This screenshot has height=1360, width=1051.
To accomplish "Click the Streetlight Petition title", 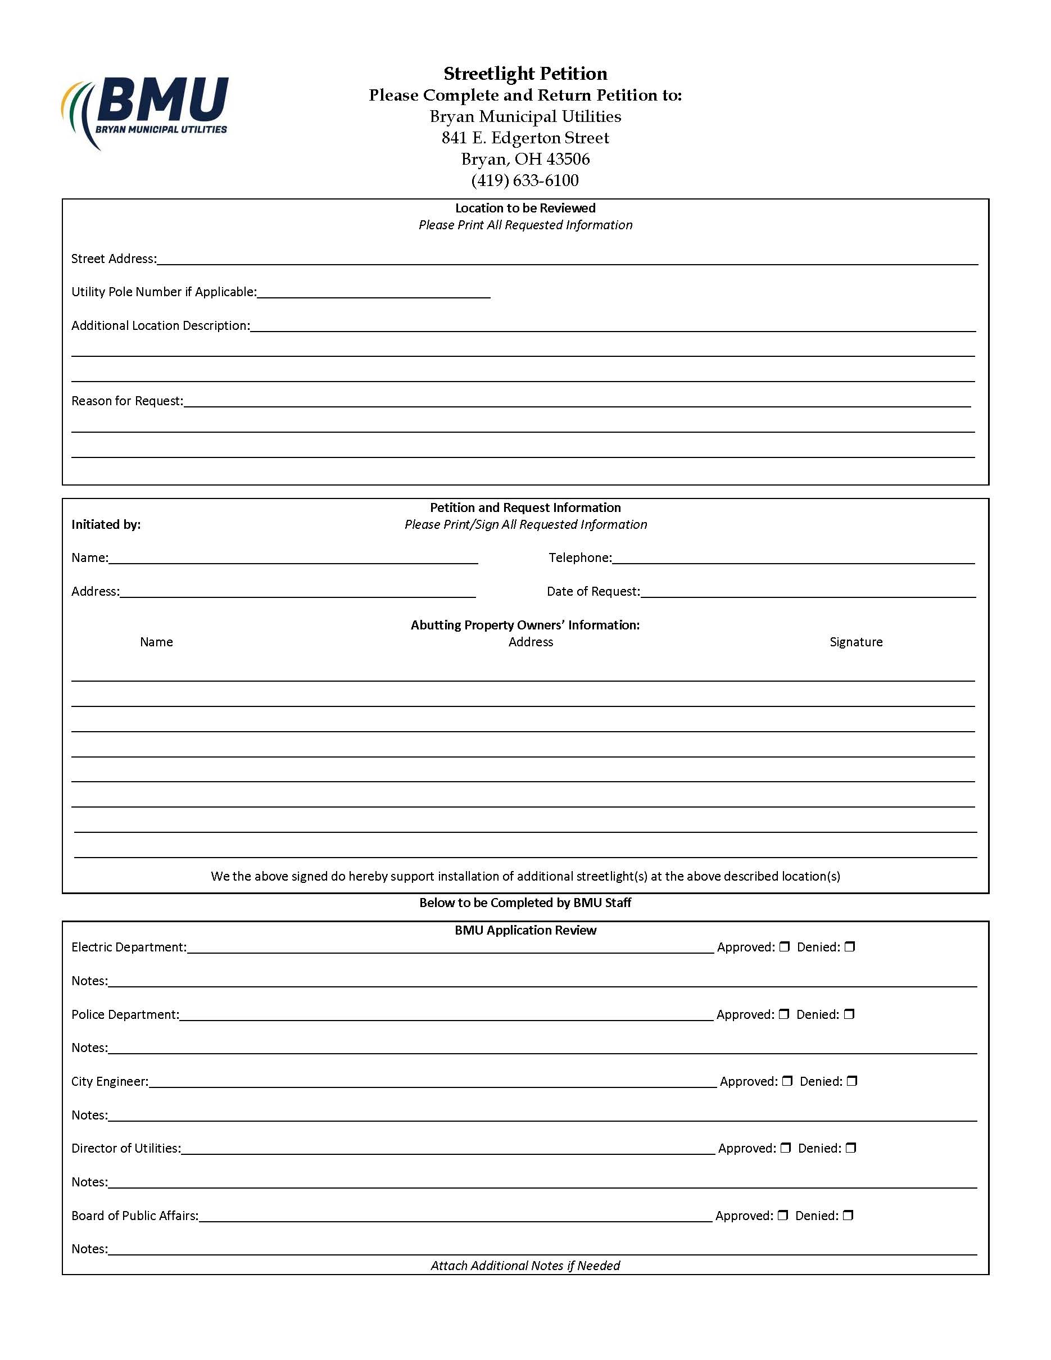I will point(525,74).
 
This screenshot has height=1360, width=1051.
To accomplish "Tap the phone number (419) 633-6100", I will point(525,180).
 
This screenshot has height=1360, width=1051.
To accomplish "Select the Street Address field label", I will point(114,259).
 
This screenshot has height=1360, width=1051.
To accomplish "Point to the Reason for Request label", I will point(127,401).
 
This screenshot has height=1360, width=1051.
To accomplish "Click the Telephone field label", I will point(579,558).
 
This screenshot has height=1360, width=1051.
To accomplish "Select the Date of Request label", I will point(593,592).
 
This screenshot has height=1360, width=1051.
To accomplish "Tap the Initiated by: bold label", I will point(106,524).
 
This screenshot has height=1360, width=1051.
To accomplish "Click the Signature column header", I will point(855,642).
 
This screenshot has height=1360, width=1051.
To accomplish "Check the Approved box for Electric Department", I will point(785,946).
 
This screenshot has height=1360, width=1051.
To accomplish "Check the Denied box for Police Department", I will point(849,1014).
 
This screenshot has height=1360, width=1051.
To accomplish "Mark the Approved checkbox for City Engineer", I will point(787,1081).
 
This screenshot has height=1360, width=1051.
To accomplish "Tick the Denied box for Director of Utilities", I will point(851,1148).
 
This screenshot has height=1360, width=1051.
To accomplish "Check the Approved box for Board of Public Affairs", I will point(783,1215).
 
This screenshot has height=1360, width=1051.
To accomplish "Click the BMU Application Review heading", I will point(525,930).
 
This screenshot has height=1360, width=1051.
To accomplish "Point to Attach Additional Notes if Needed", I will point(525,1266).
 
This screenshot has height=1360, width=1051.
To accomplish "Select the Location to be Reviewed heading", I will point(525,208).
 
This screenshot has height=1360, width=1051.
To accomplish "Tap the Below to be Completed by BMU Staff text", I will point(525,903).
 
